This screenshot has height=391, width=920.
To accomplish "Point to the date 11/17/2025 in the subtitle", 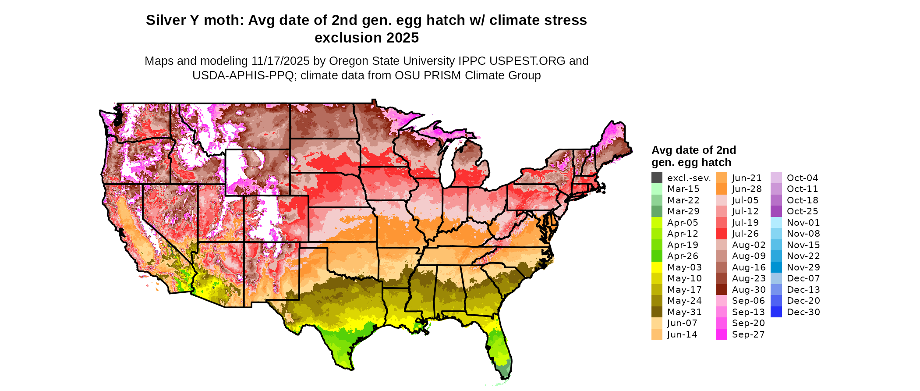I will tap(280, 61).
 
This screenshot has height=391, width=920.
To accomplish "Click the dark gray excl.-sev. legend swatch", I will tap(657, 178).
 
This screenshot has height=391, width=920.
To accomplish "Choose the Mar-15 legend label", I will tap(683, 189).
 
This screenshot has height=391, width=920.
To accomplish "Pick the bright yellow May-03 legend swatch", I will tap(657, 267).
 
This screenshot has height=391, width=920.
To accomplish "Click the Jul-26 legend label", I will tap(745, 234).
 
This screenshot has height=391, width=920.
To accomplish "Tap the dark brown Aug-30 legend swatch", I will tap(722, 290).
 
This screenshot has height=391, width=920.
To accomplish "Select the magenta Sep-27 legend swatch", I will tap(722, 334).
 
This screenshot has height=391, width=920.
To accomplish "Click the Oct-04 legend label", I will tap(802, 178).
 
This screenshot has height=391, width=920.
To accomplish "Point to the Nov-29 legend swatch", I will tap(776, 267).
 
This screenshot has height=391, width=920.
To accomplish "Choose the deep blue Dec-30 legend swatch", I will tap(776, 312).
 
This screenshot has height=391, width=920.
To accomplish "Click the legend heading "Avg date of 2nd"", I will tap(694, 150).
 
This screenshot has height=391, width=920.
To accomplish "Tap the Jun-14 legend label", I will tap(682, 334).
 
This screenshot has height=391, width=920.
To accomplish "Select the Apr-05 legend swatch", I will tap(657, 223).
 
